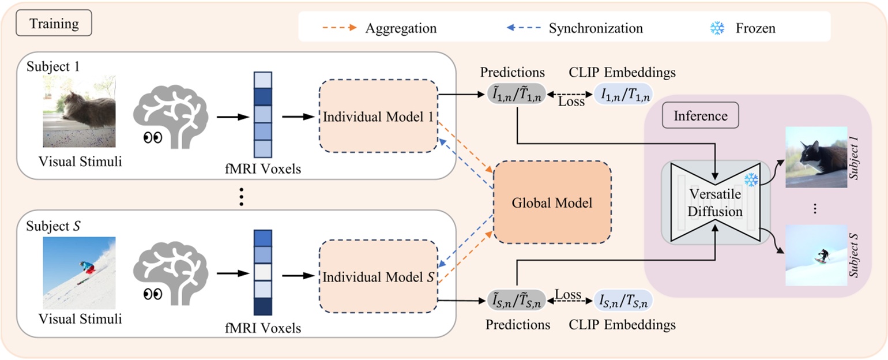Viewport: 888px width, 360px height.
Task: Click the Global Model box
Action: click(x=552, y=202)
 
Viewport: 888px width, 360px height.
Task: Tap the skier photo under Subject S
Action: click(x=79, y=272)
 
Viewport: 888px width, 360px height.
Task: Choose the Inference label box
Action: click(x=701, y=116)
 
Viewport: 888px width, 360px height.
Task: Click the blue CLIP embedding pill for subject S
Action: click(x=622, y=301)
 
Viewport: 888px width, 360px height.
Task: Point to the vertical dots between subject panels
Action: click(x=242, y=197)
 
